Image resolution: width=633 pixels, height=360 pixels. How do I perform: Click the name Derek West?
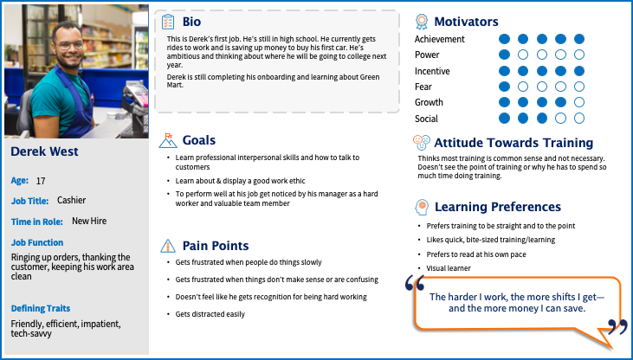point(45,152)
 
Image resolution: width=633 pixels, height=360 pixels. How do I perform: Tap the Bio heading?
point(191,22)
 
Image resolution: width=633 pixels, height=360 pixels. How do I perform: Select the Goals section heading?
point(199,140)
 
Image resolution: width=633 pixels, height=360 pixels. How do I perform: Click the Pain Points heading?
point(216,246)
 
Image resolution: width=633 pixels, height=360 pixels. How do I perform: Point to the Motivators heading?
point(466,22)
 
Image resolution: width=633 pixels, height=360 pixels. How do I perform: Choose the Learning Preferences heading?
point(498,207)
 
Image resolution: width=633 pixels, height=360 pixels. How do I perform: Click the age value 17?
point(41,181)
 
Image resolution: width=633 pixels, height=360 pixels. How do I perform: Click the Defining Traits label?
point(41,308)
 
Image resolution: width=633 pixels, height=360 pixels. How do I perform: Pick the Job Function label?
point(37,243)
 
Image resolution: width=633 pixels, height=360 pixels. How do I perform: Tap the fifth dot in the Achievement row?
point(579,39)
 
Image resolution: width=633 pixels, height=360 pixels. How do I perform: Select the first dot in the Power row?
point(504,55)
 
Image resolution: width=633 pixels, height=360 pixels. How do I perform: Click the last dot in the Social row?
point(579,119)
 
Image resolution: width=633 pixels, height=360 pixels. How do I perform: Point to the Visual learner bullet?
point(449,268)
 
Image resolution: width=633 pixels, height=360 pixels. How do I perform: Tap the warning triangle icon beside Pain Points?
point(169,246)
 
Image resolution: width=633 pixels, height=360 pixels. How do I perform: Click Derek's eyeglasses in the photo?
point(71,43)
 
